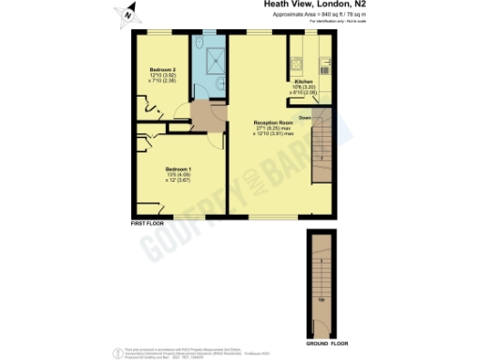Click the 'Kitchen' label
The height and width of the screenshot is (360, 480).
coord(305,82)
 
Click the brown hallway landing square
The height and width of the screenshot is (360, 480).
coord(204,118)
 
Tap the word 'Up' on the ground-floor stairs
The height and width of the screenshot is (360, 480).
coord(321,300)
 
